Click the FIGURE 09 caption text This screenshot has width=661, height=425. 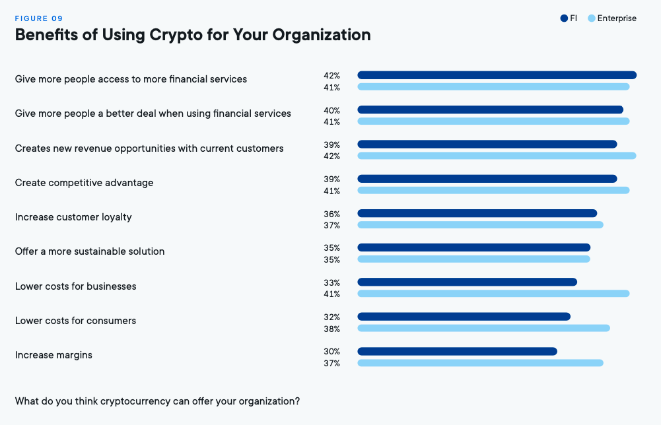pyautogui.click(x=39, y=18)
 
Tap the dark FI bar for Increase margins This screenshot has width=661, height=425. pyautogui.click(x=457, y=351)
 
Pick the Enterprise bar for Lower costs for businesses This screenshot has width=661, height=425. pyautogui.click(x=493, y=294)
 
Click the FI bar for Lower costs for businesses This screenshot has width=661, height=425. pyautogui.click(x=467, y=282)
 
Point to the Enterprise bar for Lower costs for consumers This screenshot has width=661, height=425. pyautogui.click(x=483, y=328)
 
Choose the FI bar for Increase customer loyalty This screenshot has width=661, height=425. pyautogui.click(x=477, y=213)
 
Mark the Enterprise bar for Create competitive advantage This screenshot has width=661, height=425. pyautogui.click(x=493, y=190)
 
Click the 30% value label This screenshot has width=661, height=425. pyautogui.click(x=331, y=352)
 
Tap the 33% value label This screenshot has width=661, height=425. pyautogui.click(x=331, y=282)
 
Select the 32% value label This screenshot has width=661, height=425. pyautogui.click(x=331, y=317)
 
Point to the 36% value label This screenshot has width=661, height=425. pyautogui.click(x=331, y=214)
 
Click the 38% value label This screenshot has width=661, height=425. pyautogui.click(x=331, y=329)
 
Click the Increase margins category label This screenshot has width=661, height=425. pyautogui.click(x=53, y=355)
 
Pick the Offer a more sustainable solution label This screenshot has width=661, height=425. pyautogui.click(x=90, y=251)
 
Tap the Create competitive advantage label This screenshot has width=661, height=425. pyautogui.click(x=84, y=183)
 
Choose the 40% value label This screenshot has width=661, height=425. pyautogui.click(x=331, y=110)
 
